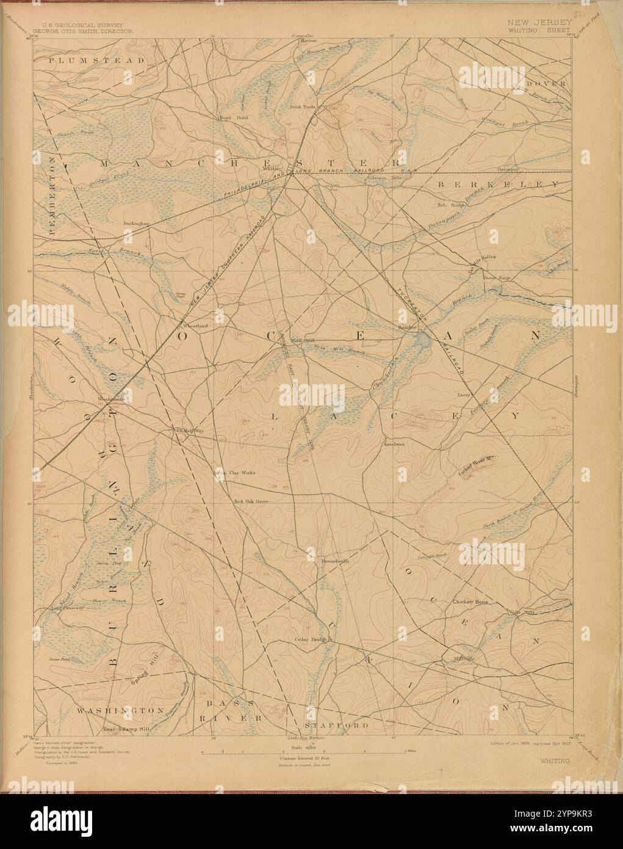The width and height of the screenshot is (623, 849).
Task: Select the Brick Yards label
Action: (303, 106)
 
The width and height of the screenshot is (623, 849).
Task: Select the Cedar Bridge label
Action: (311, 640)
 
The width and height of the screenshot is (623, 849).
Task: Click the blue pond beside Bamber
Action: (422, 340)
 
